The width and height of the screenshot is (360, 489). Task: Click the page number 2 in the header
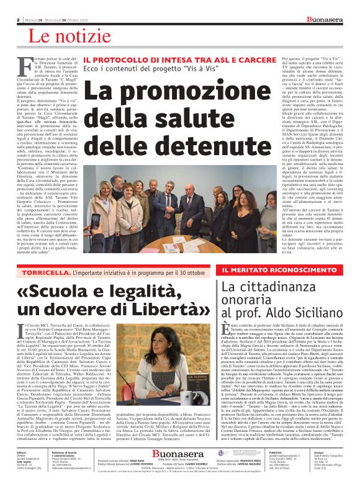(19, 19)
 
